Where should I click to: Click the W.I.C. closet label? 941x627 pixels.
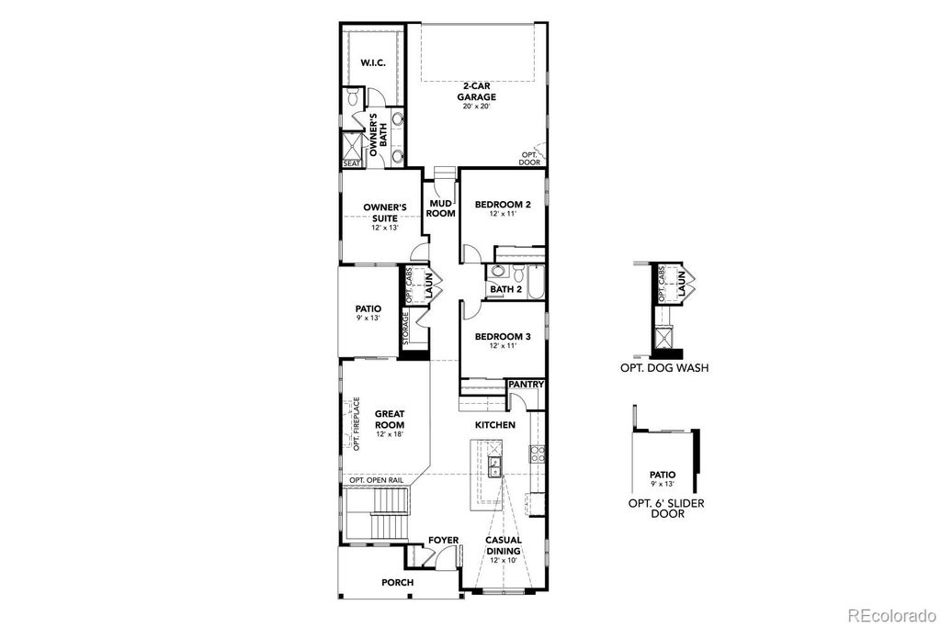point(372,63)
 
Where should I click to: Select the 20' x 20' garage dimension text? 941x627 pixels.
point(478,106)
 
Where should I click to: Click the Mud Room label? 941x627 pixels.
point(441,207)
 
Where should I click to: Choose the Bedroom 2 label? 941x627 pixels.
point(503,205)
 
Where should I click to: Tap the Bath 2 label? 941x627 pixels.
point(505,290)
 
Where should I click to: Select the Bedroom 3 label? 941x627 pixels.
point(503,337)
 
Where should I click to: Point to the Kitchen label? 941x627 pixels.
point(494,425)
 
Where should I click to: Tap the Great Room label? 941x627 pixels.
point(390,419)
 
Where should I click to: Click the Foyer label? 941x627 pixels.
point(443,541)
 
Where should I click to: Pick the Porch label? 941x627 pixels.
point(397,583)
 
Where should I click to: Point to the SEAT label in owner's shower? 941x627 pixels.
point(352,163)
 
